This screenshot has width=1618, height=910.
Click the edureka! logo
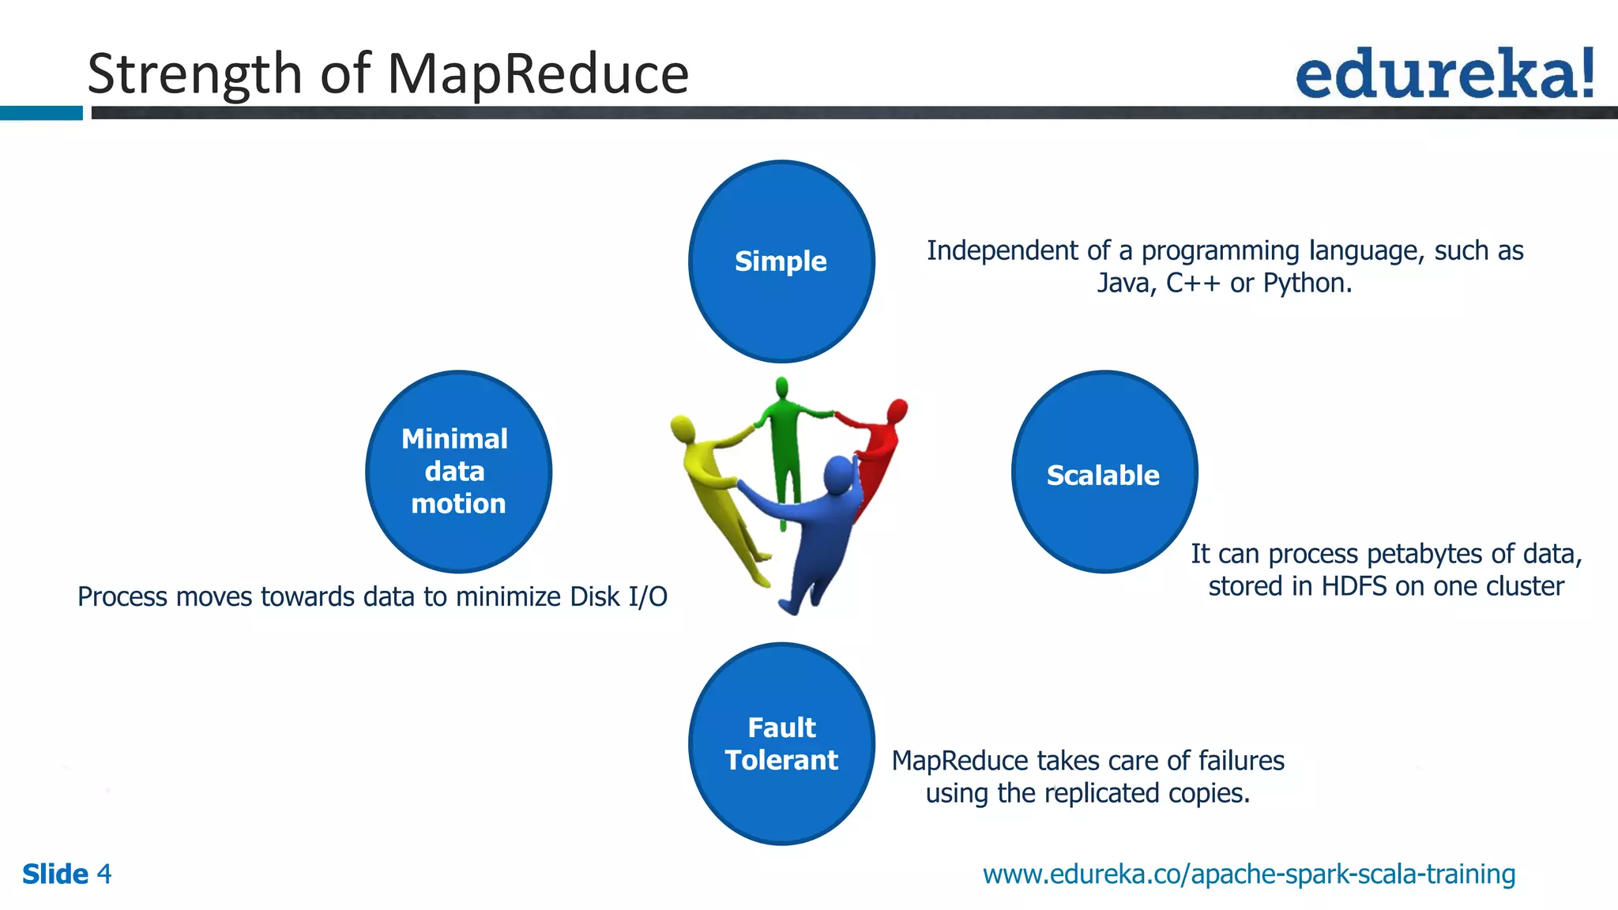[1444, 73]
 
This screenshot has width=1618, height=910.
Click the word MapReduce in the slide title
[538, 74]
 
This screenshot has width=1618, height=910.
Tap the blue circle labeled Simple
[781, 261]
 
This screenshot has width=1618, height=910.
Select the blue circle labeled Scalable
[1104, 472]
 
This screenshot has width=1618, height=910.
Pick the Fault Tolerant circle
[781, 743]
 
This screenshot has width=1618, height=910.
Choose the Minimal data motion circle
[458, 472]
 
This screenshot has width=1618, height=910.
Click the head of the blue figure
[837, 475]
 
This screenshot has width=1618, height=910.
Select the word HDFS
[1356, 587]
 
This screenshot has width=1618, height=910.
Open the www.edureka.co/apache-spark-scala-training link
[1248, 874]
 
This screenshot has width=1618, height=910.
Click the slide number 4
[104, 874]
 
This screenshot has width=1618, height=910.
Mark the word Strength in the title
[194, 74]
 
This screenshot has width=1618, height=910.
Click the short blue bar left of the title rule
[41, 113]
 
